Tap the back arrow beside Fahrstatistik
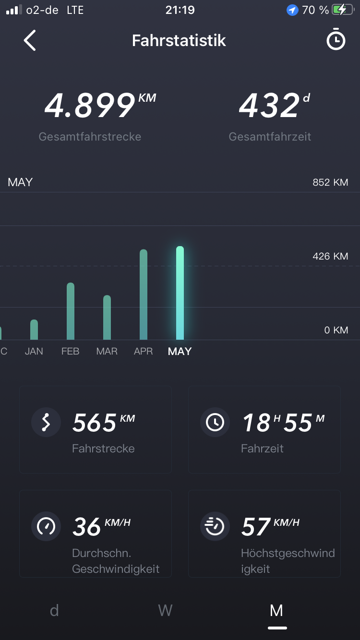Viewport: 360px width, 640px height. click(30, 40)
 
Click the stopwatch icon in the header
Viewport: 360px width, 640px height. click(336, 40)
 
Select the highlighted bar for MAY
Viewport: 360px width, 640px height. click(180, 293)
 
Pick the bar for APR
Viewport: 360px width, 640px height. click(144, 295)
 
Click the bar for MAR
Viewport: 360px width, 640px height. click(107, 317)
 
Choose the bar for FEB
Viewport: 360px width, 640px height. click(71, 311)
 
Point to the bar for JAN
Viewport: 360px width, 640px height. click(34, 330)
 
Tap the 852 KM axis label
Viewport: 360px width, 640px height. click(330, 182)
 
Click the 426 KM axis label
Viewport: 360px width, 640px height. click(330, 256)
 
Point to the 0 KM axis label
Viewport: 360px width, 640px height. click(336, 330)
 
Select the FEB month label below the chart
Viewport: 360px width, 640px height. click(70, 352)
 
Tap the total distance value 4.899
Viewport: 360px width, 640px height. click(90, 106)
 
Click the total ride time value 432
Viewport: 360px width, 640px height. click(269, 106)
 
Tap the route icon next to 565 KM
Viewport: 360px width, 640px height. click(46, 422)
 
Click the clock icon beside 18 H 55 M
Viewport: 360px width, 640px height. click(215, 422)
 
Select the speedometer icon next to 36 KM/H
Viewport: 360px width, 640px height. click(46, 526)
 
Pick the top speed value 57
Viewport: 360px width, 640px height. click(256, 527)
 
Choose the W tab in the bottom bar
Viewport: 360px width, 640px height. click(165, 610)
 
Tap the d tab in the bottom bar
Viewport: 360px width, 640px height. click(54, 610)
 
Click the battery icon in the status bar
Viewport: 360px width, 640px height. click(342, 10)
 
